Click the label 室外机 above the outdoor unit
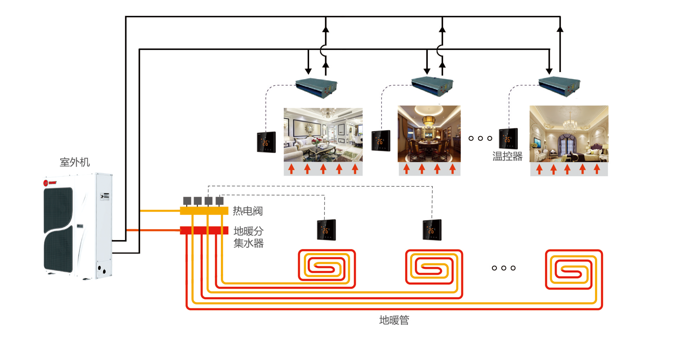(75, 162)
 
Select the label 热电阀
(247, 211)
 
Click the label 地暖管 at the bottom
(394, 320)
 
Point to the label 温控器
(507, 156)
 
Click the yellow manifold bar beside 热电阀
(204, 211)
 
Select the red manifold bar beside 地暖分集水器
(204, 230)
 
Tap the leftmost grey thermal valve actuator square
(187, 201)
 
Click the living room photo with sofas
(323, 135)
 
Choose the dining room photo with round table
(429, 134)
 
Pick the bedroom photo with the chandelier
(569, 134)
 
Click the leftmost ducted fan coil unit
(316, 87)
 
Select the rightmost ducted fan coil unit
(559, 86)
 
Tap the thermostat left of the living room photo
(266, 142)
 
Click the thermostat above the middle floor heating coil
(432, 230)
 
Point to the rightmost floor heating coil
(574, 270)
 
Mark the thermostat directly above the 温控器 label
(508, 139)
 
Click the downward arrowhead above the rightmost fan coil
(549, 71)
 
